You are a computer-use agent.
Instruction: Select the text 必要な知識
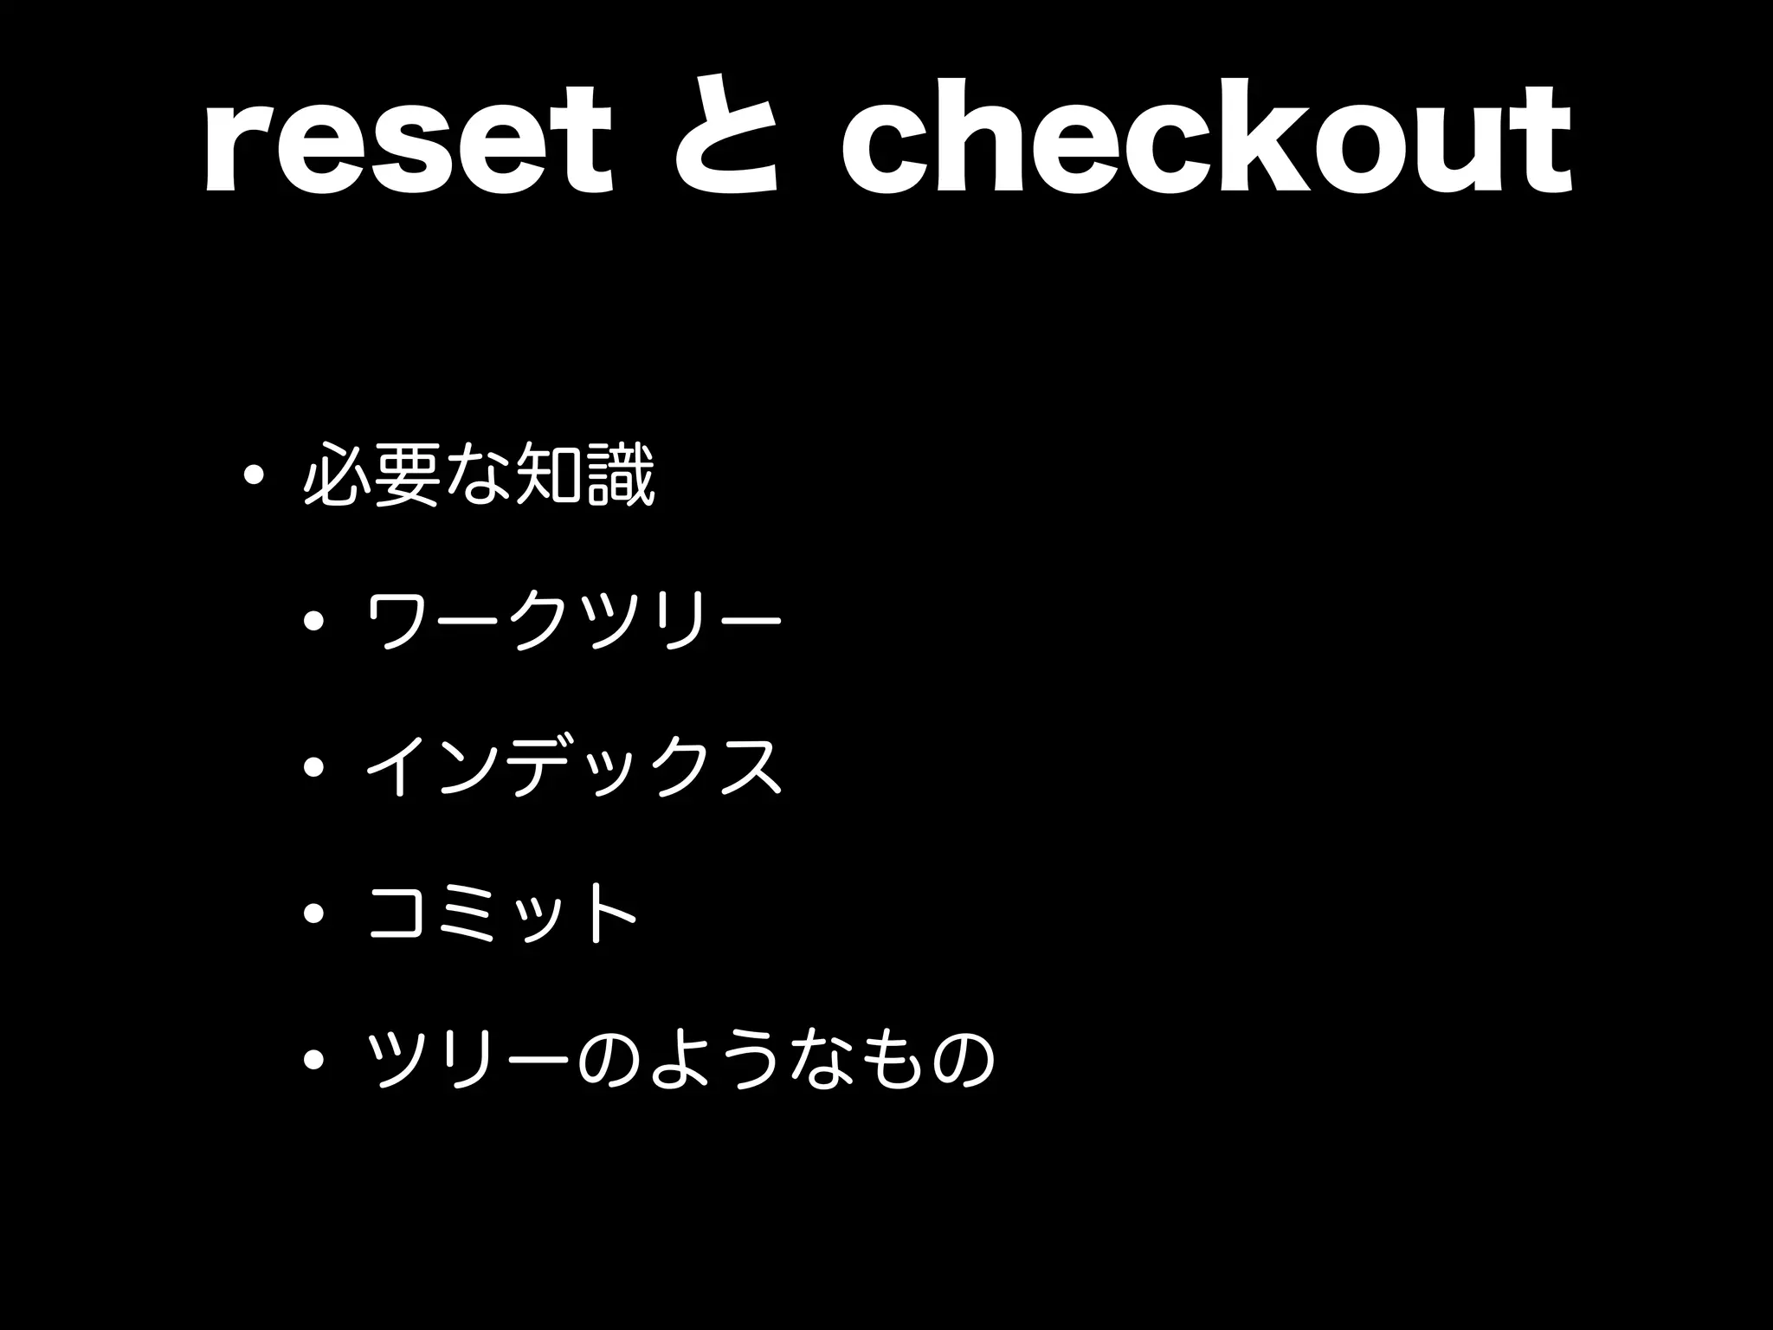click(479, 475)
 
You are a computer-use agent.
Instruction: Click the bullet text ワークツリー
click(574, 620)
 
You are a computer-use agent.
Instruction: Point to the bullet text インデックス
click(574, 766)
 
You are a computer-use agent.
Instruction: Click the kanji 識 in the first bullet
click(620, 475)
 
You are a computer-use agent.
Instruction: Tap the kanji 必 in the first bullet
click(337, 475)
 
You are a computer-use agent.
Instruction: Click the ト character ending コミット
click(609, 912)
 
